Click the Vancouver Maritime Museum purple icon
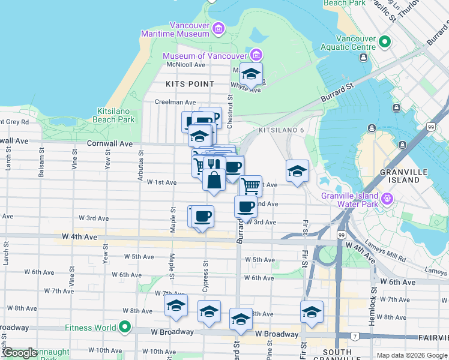point(217,28)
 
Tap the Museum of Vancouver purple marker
point(256,55)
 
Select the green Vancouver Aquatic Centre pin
point(384,41)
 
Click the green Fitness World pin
point(125,328)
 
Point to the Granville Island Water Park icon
point(388,198)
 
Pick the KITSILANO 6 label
point(282,130)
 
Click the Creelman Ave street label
point(175,102)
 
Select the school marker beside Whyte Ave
point(252,74)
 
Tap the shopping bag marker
point(214,179)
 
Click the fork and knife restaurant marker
point(211,163)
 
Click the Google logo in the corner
point(20,353)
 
